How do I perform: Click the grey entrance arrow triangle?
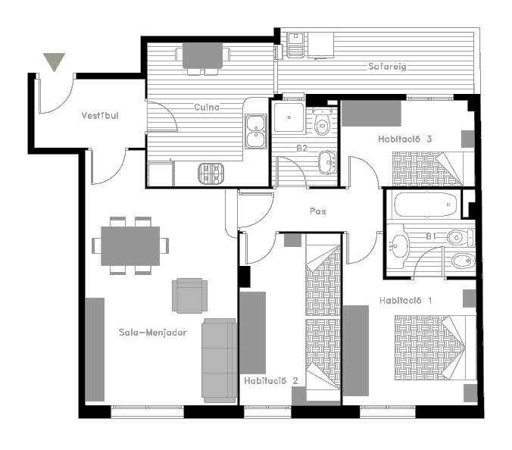pyautogui.click(x=55, y=61)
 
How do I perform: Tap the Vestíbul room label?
pyautogui.click(x=100, y=116)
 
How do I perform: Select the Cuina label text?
pyautogui.click(x=207, y=107)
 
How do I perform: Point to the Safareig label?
pyautogui.click(x=387, y=67)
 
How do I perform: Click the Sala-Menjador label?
pyautogui.click(x=153, y=333)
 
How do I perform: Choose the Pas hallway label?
pyautogui.click(x=317, y=211)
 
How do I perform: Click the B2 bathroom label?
pyautogui.click(x=302, y=148)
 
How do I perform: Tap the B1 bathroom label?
pyautogui.click(x=431, y=236)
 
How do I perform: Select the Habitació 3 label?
pyautogui.click(x=405, y=139)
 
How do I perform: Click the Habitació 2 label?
pyautogui.click(x=271, y=381)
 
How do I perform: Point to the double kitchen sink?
pyautogui.click(x=256, y=131)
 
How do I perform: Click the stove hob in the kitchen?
pyautogui.click(x=211, y=173)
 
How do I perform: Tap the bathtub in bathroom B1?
pyautogui.click(x=426, y=205)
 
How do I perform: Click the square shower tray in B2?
pyautogui.click(x=289, y=117)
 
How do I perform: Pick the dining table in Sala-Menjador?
pyautogui.click(x=130, y=246)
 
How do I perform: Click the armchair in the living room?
pyautogui.click(x=189, y=295)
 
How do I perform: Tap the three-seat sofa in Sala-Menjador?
pyautogui.click(x=220, y=361)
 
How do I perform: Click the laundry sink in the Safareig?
pyautogui.click(x=296, y=45)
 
